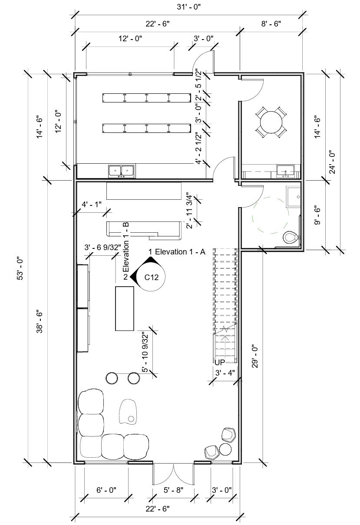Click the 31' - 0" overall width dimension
(189, 7)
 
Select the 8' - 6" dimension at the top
(271, 24)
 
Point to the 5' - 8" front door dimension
(173, 490)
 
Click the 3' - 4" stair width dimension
(225, 373)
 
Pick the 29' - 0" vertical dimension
(255, 356)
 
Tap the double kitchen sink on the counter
(121, 171)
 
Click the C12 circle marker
(151, 277)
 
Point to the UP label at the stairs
(220, 362)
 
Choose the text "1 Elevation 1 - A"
(176, 252)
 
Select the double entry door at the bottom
(173, 474)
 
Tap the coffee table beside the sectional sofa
(129, 411)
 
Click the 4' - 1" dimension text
(91, 204)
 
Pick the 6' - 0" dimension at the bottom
(106, 490)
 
